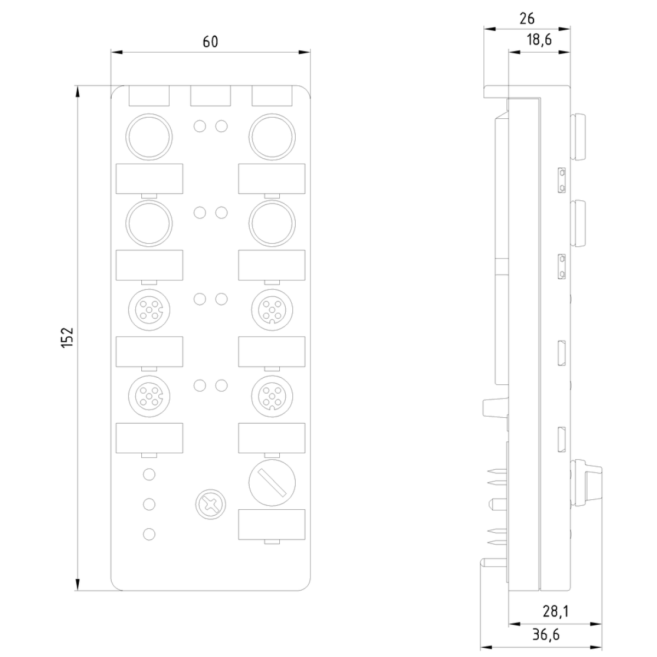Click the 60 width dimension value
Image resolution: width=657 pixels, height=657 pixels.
click(x=210, y=42)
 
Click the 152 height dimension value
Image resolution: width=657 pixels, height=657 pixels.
click(x=67, y=338)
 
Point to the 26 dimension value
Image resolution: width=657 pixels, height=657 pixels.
click(x=527, y=19)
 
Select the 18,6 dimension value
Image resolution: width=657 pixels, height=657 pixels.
click(x=539, y=40)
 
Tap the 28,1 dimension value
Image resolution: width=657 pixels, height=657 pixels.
click(x=555, y=612)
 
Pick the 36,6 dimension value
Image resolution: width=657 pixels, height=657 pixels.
click(x=546, y=635)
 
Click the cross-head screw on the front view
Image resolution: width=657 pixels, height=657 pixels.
click(x=211, y=504)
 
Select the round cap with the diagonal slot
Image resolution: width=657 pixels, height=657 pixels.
click(x=272, y=482)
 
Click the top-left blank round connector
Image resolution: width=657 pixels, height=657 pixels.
click(x=149, y=137)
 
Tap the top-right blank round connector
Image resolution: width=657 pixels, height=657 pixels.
click(x=272, y=137)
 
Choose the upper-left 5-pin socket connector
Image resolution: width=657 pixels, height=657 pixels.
click(x=149, y=310)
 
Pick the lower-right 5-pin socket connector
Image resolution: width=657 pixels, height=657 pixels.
click(x=272, y=396)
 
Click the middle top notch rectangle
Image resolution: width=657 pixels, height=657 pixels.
click(x=210, y=96)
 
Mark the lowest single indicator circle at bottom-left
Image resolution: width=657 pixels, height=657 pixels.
click(x=149, y=534)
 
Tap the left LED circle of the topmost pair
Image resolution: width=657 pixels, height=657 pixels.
click(x=200, y=126)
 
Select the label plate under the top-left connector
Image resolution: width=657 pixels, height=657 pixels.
click(x=149, y=178)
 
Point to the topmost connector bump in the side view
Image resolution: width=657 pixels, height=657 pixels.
click(x=578, y=136)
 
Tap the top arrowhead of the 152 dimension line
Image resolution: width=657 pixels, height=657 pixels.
click(x=78, y=92)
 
